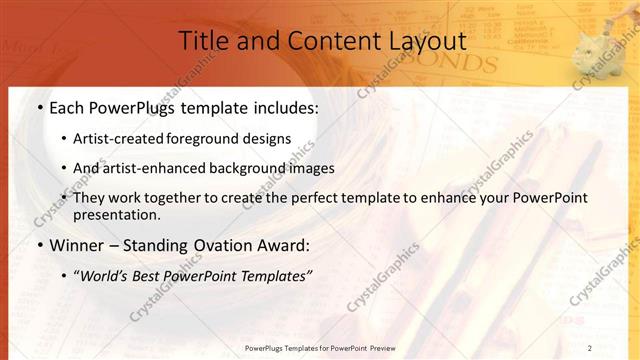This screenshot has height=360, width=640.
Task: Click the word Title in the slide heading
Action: pyautogui.click(x=204, y=41)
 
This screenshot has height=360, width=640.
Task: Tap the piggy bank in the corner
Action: pyautogui.click(x=602, y=40)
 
